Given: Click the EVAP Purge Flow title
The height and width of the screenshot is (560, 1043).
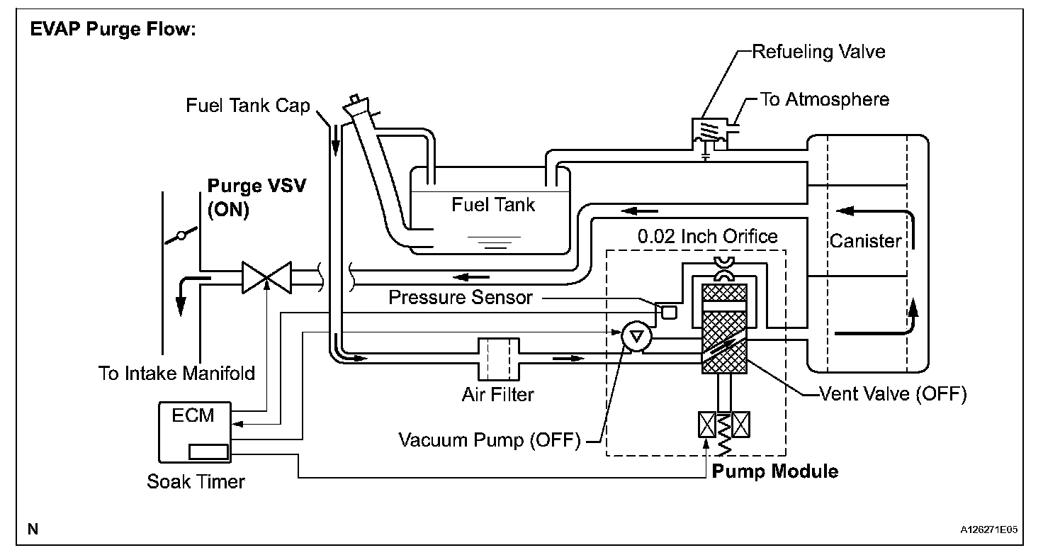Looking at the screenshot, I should pyautogui.click(x=113, y=33).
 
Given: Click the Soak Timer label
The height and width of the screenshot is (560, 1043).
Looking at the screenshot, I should pyautogui.click(x=196, y=482).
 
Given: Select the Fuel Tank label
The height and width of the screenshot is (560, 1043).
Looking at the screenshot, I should pyautogui.click(x=493, y=206).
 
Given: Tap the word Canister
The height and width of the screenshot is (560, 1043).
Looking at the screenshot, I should pyautogui.click(x=865, y=241).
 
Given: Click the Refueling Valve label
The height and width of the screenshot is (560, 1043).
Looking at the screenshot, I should pyautogui.click(x=818, y=52).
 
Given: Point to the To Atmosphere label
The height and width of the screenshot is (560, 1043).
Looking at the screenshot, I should pyautogui.click(x=824, y=99).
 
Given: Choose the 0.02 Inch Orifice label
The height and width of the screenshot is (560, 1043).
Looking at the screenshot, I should pyautogui.click(x=706, y=236).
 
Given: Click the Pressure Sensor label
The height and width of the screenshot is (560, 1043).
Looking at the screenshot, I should pyautogui.click(x=461, y=297).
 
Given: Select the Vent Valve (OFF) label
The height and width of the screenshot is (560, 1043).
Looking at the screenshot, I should pyautogui.click(x=892, y=394).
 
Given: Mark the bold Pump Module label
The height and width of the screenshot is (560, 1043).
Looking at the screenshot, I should pyautogui.click(x=775, y=471).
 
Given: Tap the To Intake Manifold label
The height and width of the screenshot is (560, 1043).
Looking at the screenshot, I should pyautogui.click(x=176, y=373).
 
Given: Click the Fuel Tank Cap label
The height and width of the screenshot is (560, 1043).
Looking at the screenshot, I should pyautogui.click(x=248, y=106).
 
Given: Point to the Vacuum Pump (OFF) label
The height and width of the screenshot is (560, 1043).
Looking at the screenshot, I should pyautogui.click(x=489, y=440).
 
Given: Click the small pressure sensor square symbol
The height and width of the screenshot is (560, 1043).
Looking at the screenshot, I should pyautogui.click(x=668, y=310).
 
